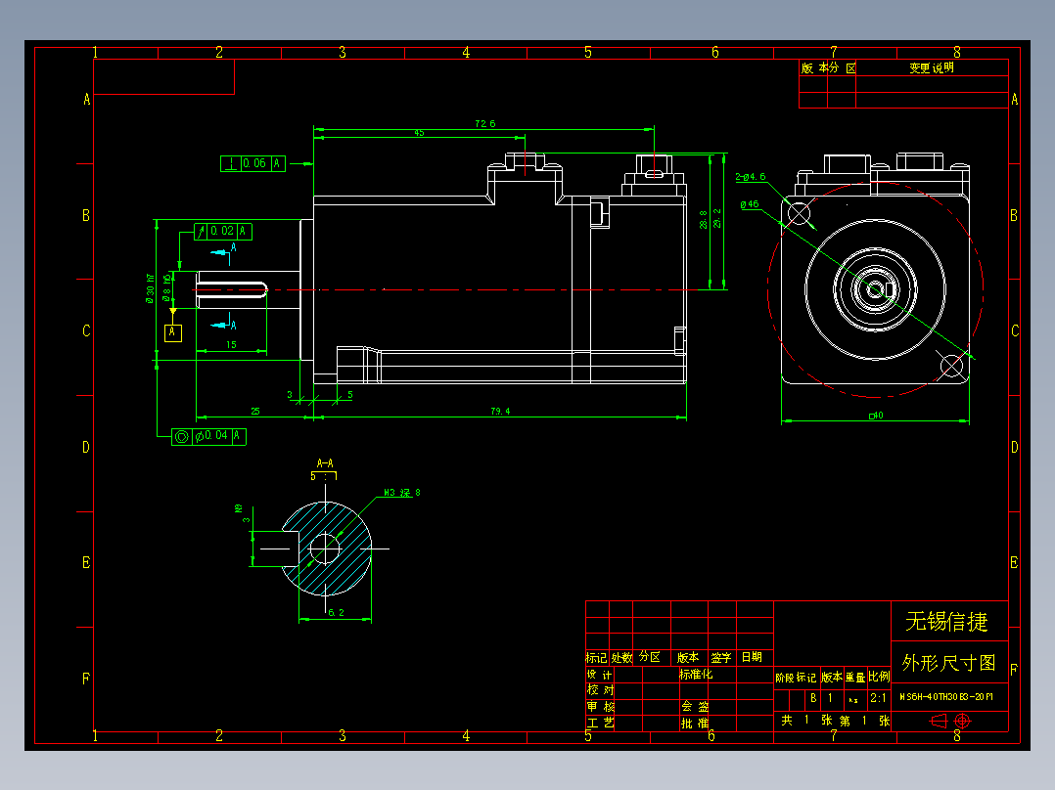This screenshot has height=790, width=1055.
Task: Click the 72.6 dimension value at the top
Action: [x=484, y=124]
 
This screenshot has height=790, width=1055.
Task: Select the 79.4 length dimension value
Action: [x=500, y=412]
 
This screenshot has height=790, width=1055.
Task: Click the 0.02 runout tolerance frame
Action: [x=223, y=232]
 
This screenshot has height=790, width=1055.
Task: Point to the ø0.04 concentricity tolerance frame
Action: [x=208, y=436]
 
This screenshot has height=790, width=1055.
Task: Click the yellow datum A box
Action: [x=173, y=332]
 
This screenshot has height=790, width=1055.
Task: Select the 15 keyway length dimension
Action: [x=231, y=345]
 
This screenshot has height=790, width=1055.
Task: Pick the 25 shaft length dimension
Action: [x=254, y=412]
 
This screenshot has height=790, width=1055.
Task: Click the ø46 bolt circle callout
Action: [x=750, y=204]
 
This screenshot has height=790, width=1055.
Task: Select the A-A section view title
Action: [x=325, y=462]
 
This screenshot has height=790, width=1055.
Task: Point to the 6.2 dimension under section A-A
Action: [x=335, y=613]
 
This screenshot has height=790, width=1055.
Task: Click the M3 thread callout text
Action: [x=401, y=493]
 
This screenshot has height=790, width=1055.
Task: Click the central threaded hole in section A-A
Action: [x=324, y=549]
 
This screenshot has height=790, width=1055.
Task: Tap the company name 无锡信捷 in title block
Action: [x=946, y=621]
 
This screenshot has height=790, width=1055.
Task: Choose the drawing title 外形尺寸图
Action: [x=948, y=663]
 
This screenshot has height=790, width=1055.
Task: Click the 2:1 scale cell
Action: [x=879, y=699]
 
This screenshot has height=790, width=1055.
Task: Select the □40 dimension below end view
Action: [x=876, y=417]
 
